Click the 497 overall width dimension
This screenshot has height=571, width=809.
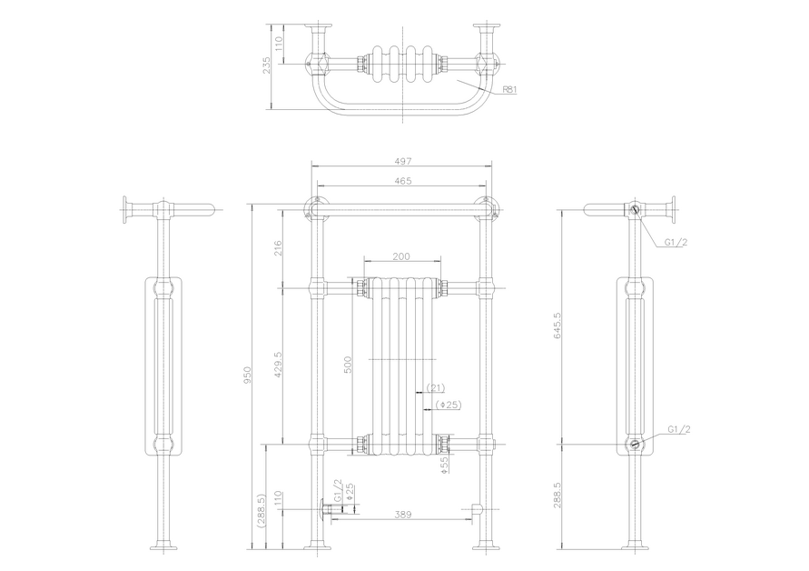coord(402,161)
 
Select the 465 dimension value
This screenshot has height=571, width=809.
coord(402,181)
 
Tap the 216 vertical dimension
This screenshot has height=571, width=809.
coord(278,248)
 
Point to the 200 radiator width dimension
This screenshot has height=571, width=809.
coord(401,256)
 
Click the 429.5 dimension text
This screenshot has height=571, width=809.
coord(278,365)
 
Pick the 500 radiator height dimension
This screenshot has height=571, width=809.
coord(348,365)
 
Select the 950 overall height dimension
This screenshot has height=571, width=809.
coord(247,375)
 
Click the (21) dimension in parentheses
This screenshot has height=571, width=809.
coord(435,387)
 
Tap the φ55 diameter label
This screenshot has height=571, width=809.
coord(445,465)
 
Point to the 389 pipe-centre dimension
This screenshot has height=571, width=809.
coord(402,514)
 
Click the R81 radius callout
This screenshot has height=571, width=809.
coord(508,89)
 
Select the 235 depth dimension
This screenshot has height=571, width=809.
coord(267,65)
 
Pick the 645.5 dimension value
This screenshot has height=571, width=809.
coord(557,326)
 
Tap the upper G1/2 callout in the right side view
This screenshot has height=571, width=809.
coord(676,242)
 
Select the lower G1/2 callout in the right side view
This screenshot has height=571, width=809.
coord(679,429)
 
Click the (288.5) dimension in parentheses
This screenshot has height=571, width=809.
coord(261,511)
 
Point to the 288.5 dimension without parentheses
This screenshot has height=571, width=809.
coord(557,495)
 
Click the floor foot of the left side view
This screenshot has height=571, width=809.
coord(163,547)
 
